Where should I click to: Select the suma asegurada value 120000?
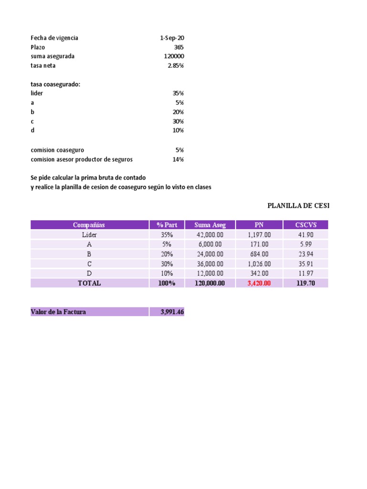click(174, 56)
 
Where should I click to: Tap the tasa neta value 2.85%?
click(175, 65)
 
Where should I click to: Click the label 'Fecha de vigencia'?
click(54, 38)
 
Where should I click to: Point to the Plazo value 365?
click(179, 47)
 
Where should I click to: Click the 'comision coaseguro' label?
click(57, 150)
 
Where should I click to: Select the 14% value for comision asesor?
click(178, 159)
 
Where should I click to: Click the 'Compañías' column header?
click(89, 225)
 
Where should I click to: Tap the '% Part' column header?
click(167, 225)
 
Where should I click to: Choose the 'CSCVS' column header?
click(305, 225)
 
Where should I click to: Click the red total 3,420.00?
click(259, 283)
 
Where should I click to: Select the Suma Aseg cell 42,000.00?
click(210, 235)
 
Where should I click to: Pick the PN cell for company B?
click(259, 254)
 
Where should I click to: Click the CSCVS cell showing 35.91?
click(305, 264)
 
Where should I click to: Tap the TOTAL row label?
click(89, 283)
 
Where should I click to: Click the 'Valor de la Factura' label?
click(58, 312)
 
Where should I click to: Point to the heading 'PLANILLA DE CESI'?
click(298, 206)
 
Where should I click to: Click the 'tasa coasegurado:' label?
click(55, 85)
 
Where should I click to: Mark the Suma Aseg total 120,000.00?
click(210, 283)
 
